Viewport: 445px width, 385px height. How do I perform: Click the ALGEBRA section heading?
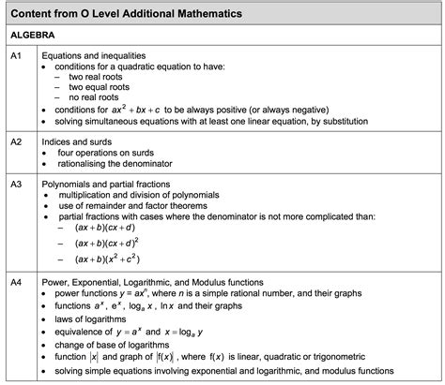pos(33,34)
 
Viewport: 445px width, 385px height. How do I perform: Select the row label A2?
pos(16,141)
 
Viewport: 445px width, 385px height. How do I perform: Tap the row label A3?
pos(16,185)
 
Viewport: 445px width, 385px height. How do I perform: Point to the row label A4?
pos(16,282)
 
